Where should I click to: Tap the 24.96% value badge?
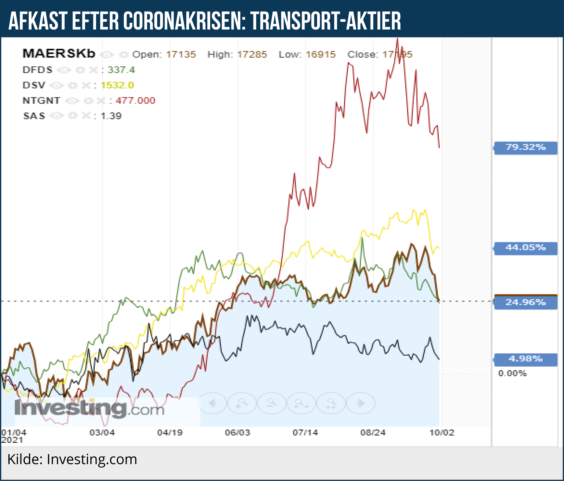[526, 302]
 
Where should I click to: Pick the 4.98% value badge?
[526, 359]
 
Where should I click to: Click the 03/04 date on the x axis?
[102, 433]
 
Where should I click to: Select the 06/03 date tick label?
[237, 433]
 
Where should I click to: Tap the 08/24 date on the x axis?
[373, 433]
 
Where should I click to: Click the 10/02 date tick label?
[442, 433]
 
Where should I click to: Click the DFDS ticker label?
[37, 70]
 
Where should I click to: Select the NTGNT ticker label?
[41, 101]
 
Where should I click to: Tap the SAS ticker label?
[34, 116]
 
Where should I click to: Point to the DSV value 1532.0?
[117, 85]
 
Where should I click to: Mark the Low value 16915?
[321, 55]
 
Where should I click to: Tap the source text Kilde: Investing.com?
[72, 459]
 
